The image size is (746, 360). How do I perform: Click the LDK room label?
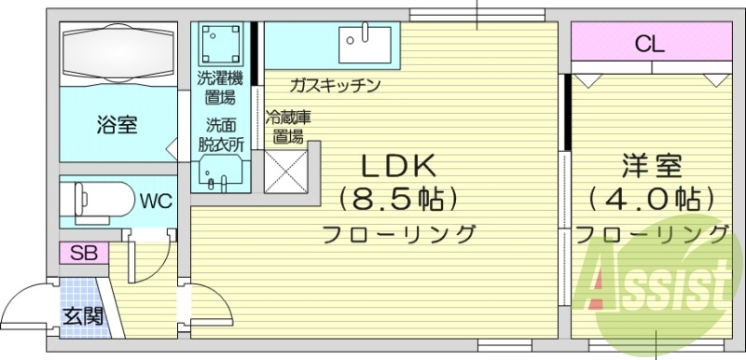click(x=398, y=167)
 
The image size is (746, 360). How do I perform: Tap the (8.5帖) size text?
click(x=398, y=199)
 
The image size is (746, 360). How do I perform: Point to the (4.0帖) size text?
click(x=652, y=199)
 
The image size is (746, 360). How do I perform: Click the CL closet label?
click(x=650, y=43)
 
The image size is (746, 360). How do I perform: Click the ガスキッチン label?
click(x=334, y=86)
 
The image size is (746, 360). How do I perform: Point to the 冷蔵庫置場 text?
click(x=287, y=127)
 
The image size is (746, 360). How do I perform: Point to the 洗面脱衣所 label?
click(x=221, y=134)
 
